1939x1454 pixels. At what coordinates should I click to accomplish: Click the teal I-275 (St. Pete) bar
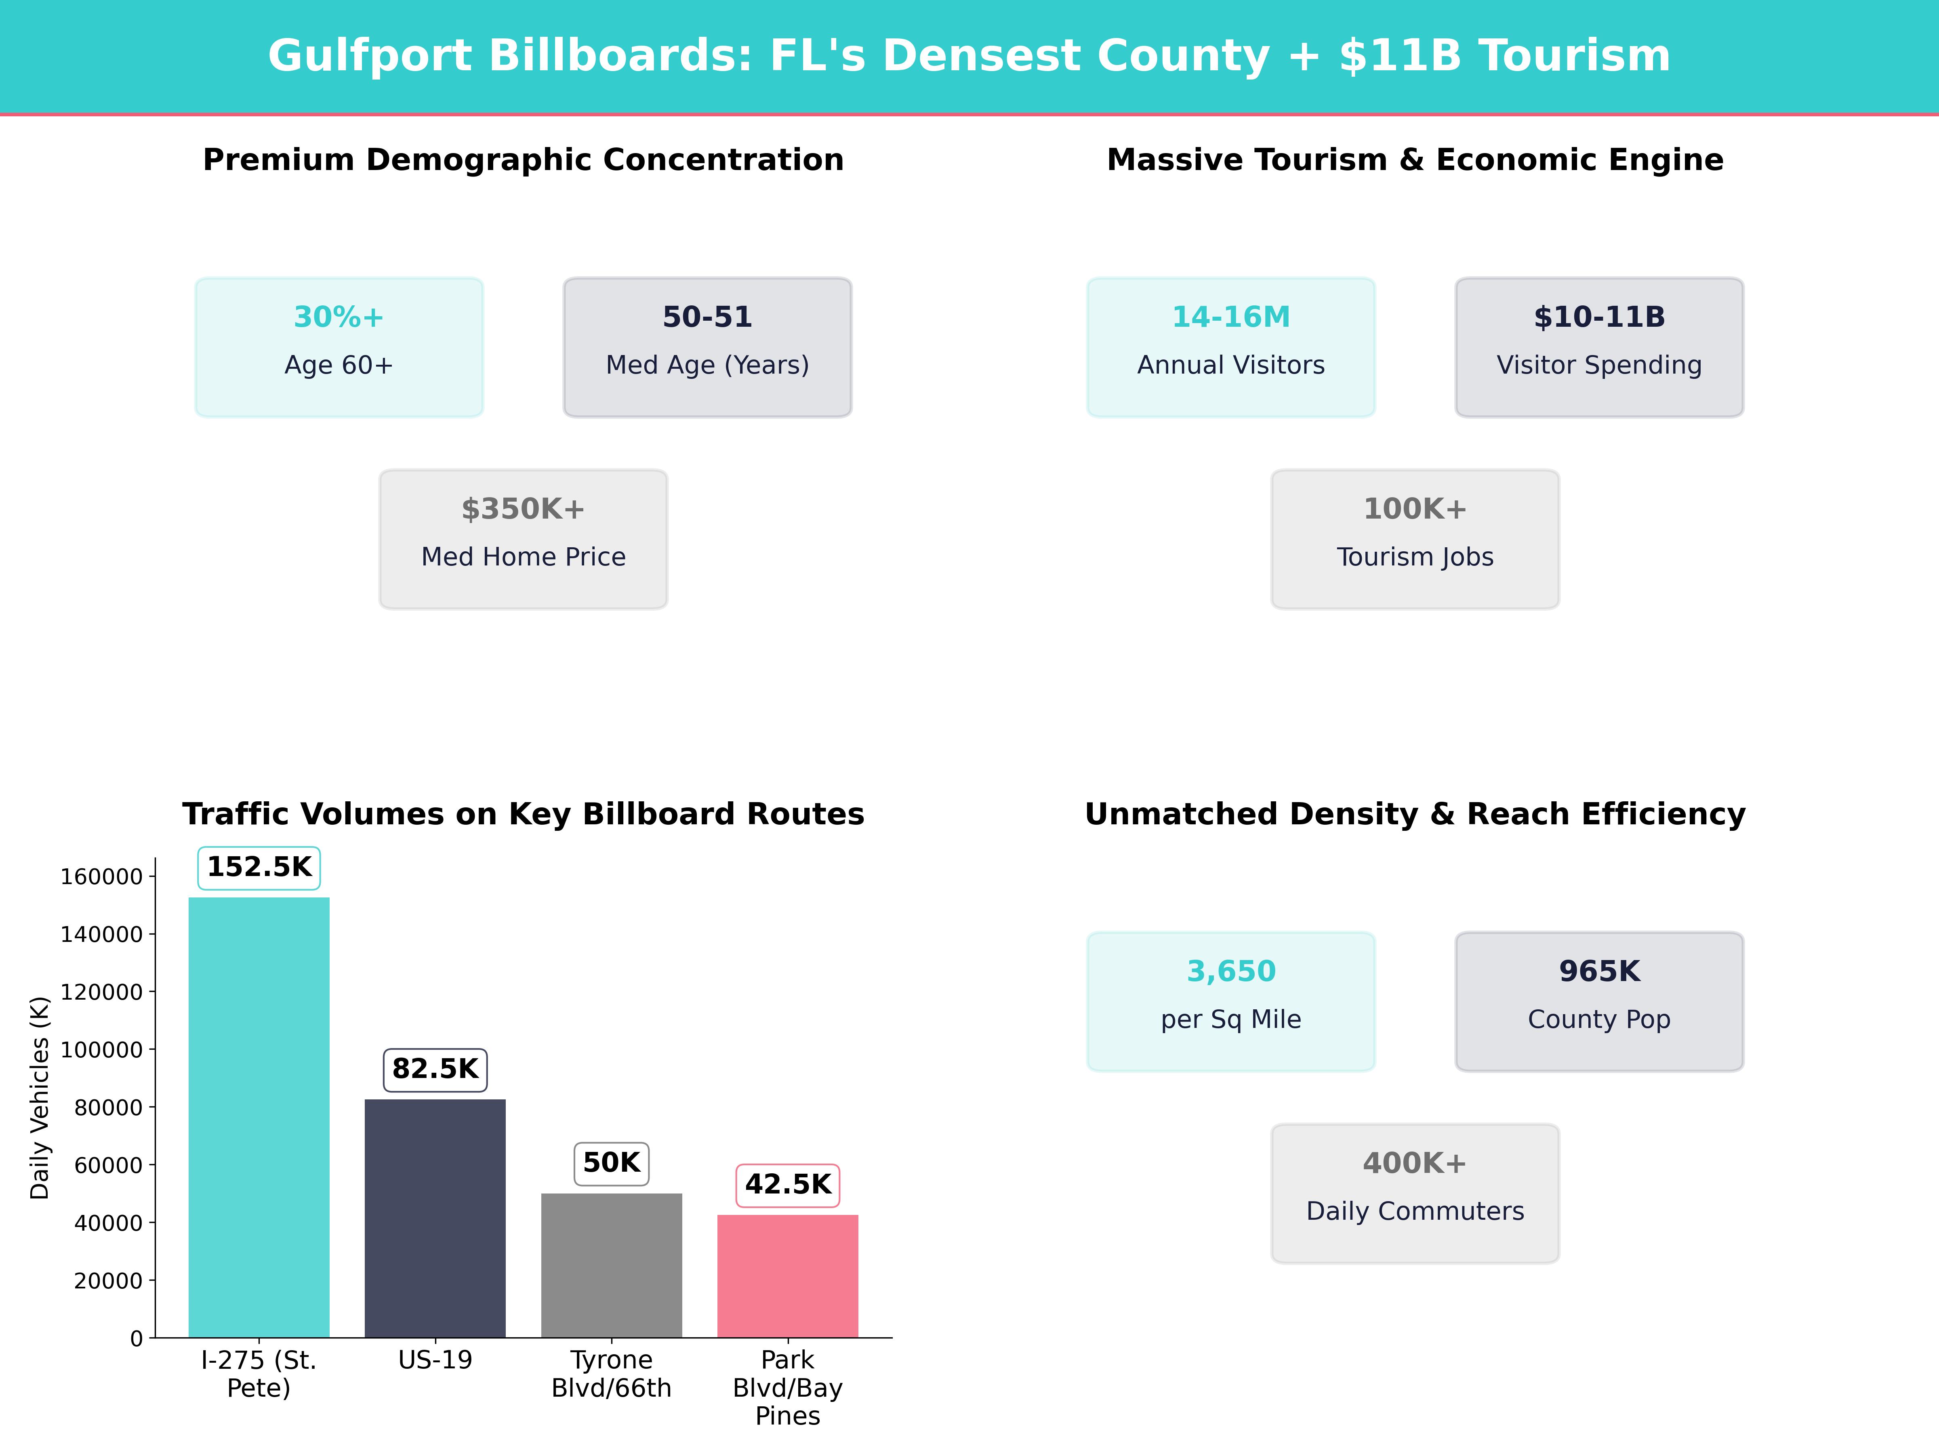(259, 1118)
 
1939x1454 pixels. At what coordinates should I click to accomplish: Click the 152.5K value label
(259, 868)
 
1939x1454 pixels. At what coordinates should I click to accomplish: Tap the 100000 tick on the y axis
(101, 1050)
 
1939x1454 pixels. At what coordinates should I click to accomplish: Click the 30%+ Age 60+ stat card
(339, 347)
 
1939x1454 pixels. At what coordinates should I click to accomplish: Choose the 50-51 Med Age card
(707, 347)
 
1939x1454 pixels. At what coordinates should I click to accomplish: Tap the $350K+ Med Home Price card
(523, 539)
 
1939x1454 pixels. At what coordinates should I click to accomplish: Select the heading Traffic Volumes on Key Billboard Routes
(523, 814)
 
